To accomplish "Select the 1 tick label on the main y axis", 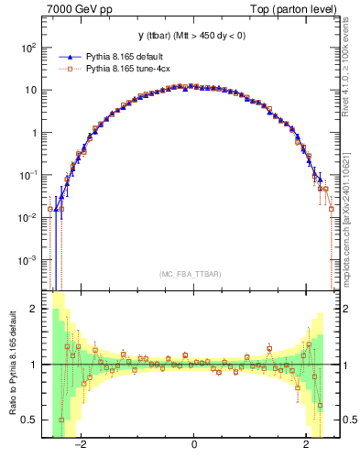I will click(x=34, y=133).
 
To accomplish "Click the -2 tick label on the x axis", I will click(x=80, y=444).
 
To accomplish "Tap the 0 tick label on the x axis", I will click(x=193, y=444).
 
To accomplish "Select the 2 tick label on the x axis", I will click(x=307, y=444).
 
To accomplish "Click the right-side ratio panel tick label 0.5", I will click(x=351, y=420).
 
